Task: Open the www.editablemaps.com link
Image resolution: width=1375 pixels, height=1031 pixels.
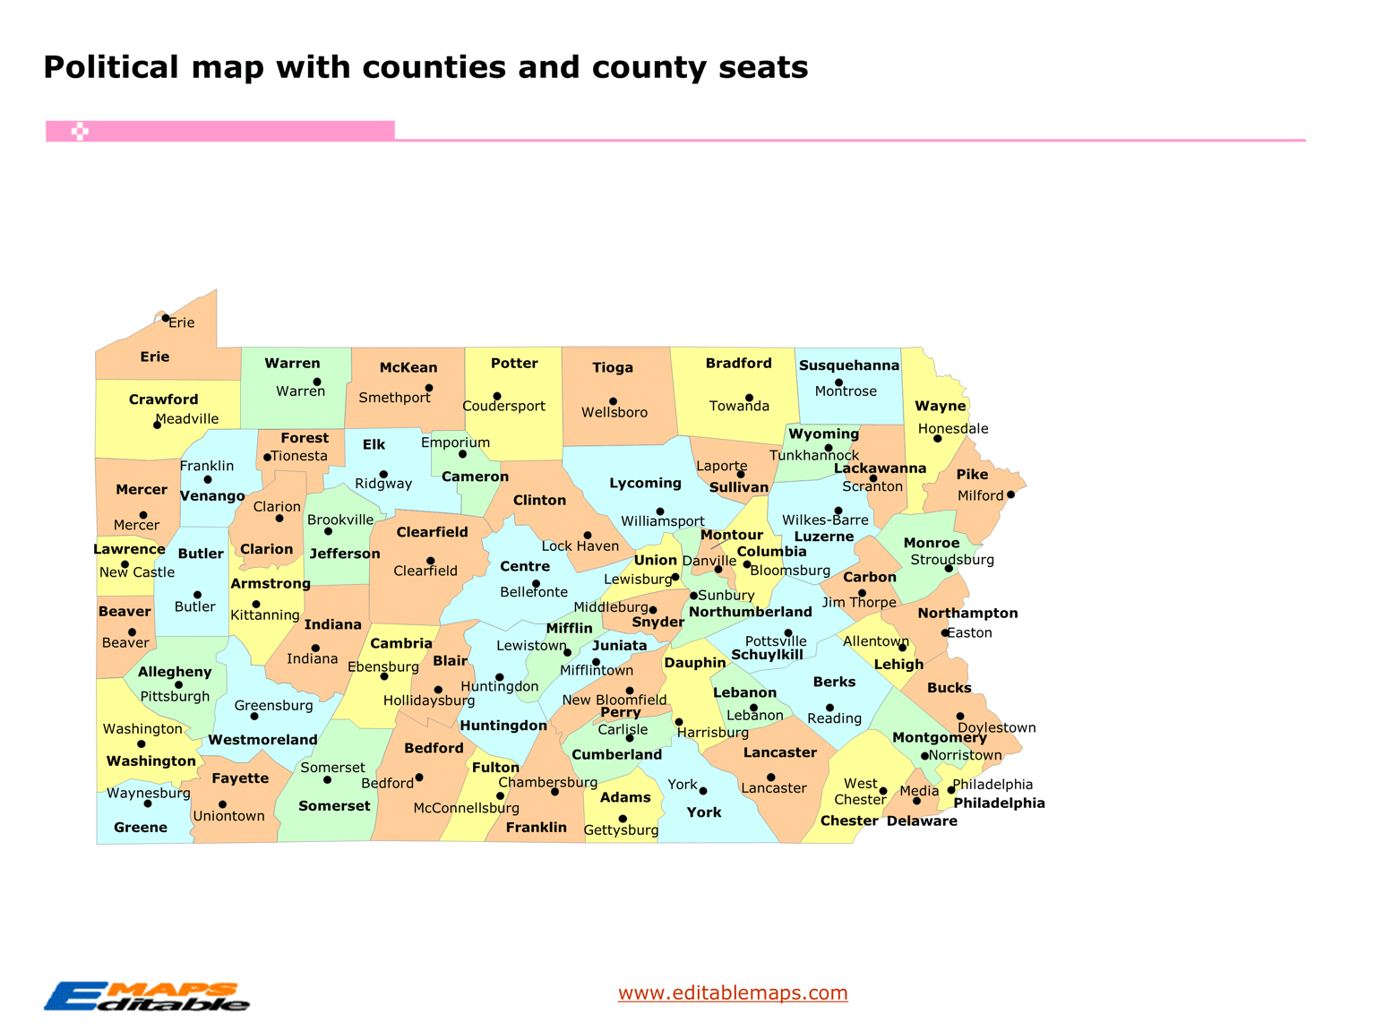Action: pyautogui.click(x=732, y=992)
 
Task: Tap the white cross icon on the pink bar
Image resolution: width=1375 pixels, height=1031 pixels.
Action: pyautogui.click(x=80, y=132)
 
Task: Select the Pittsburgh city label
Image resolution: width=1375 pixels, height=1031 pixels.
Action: pyautogui.click(x=175, y=696)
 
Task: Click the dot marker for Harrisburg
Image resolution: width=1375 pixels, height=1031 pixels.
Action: pyautogui.click(x=679, y=722)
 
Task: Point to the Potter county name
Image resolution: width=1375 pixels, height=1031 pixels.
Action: pyautogui.click(x=514, y=363)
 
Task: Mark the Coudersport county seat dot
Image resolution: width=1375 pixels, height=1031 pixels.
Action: pyautogui.click(x=497, y=396)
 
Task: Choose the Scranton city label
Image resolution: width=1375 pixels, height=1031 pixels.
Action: pyautogui.click(x=872, y=486)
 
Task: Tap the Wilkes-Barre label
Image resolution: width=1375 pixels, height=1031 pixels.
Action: pyautogui.click(x=825, y=520)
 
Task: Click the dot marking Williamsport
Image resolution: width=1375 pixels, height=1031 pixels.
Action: pyautogui.click(x=660, y=511)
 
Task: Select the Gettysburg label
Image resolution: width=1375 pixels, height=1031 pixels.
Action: pyautogui.click(x=621, y=830)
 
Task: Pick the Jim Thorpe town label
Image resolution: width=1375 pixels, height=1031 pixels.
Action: pyautogui.click(x=859, y=602)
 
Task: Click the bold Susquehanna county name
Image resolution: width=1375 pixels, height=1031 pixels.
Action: pyautogui.click(x=848, y=365)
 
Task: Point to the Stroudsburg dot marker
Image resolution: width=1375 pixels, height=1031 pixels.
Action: pyautogui.click(x=949, y=569)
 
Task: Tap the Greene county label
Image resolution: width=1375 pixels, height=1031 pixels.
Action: pyautogui.click(x=141, y=827)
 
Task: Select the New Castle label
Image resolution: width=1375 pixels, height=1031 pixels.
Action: pyautogui.click(x=137, y=572)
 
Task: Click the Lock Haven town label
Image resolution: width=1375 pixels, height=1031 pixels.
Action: pyautogui.click(x=580, y=546)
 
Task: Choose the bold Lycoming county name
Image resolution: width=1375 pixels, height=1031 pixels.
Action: pyautogui.click(x=645, y=483)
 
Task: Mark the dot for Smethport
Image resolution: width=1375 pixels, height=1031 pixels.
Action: pyautogui.click(x=429, y=388)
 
